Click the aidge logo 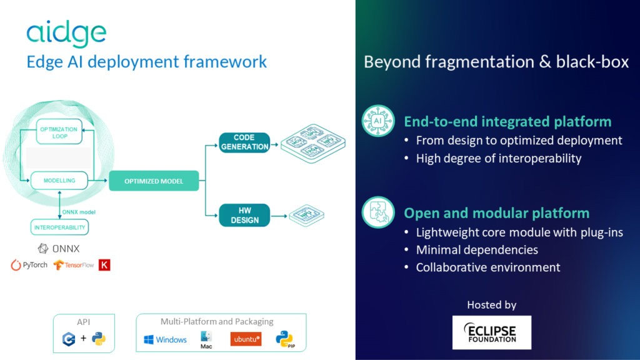point(66,34)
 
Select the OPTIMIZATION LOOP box point(59,131)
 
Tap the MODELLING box point(59,181)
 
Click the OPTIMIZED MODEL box point(154,181)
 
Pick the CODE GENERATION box point(244,142)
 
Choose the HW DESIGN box point(244,216)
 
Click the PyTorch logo point(29,265)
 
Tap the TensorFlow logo point(74,265)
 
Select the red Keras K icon point(104,265)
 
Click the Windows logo point(165,339)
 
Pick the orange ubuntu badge point(246,339)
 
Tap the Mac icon point(207,339)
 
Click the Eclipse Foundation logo point(491,332)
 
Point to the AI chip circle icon point(378,121)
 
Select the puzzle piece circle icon point(378,212)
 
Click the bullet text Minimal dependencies point(477,250)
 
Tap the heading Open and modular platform point(496,213)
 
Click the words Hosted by point(491,305)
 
